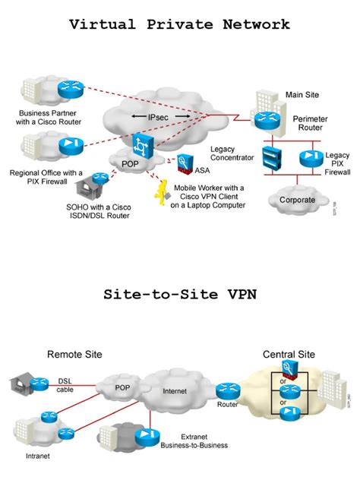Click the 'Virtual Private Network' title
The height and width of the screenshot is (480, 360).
tap(179, 24)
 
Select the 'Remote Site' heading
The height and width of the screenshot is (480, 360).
tap(74, 354)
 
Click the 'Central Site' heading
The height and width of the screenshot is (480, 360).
tap(289, 354)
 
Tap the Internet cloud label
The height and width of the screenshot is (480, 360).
tap(173, 393)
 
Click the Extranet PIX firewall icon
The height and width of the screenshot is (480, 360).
tap(145, 437)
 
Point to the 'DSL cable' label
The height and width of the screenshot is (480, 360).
tap(66, 385)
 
